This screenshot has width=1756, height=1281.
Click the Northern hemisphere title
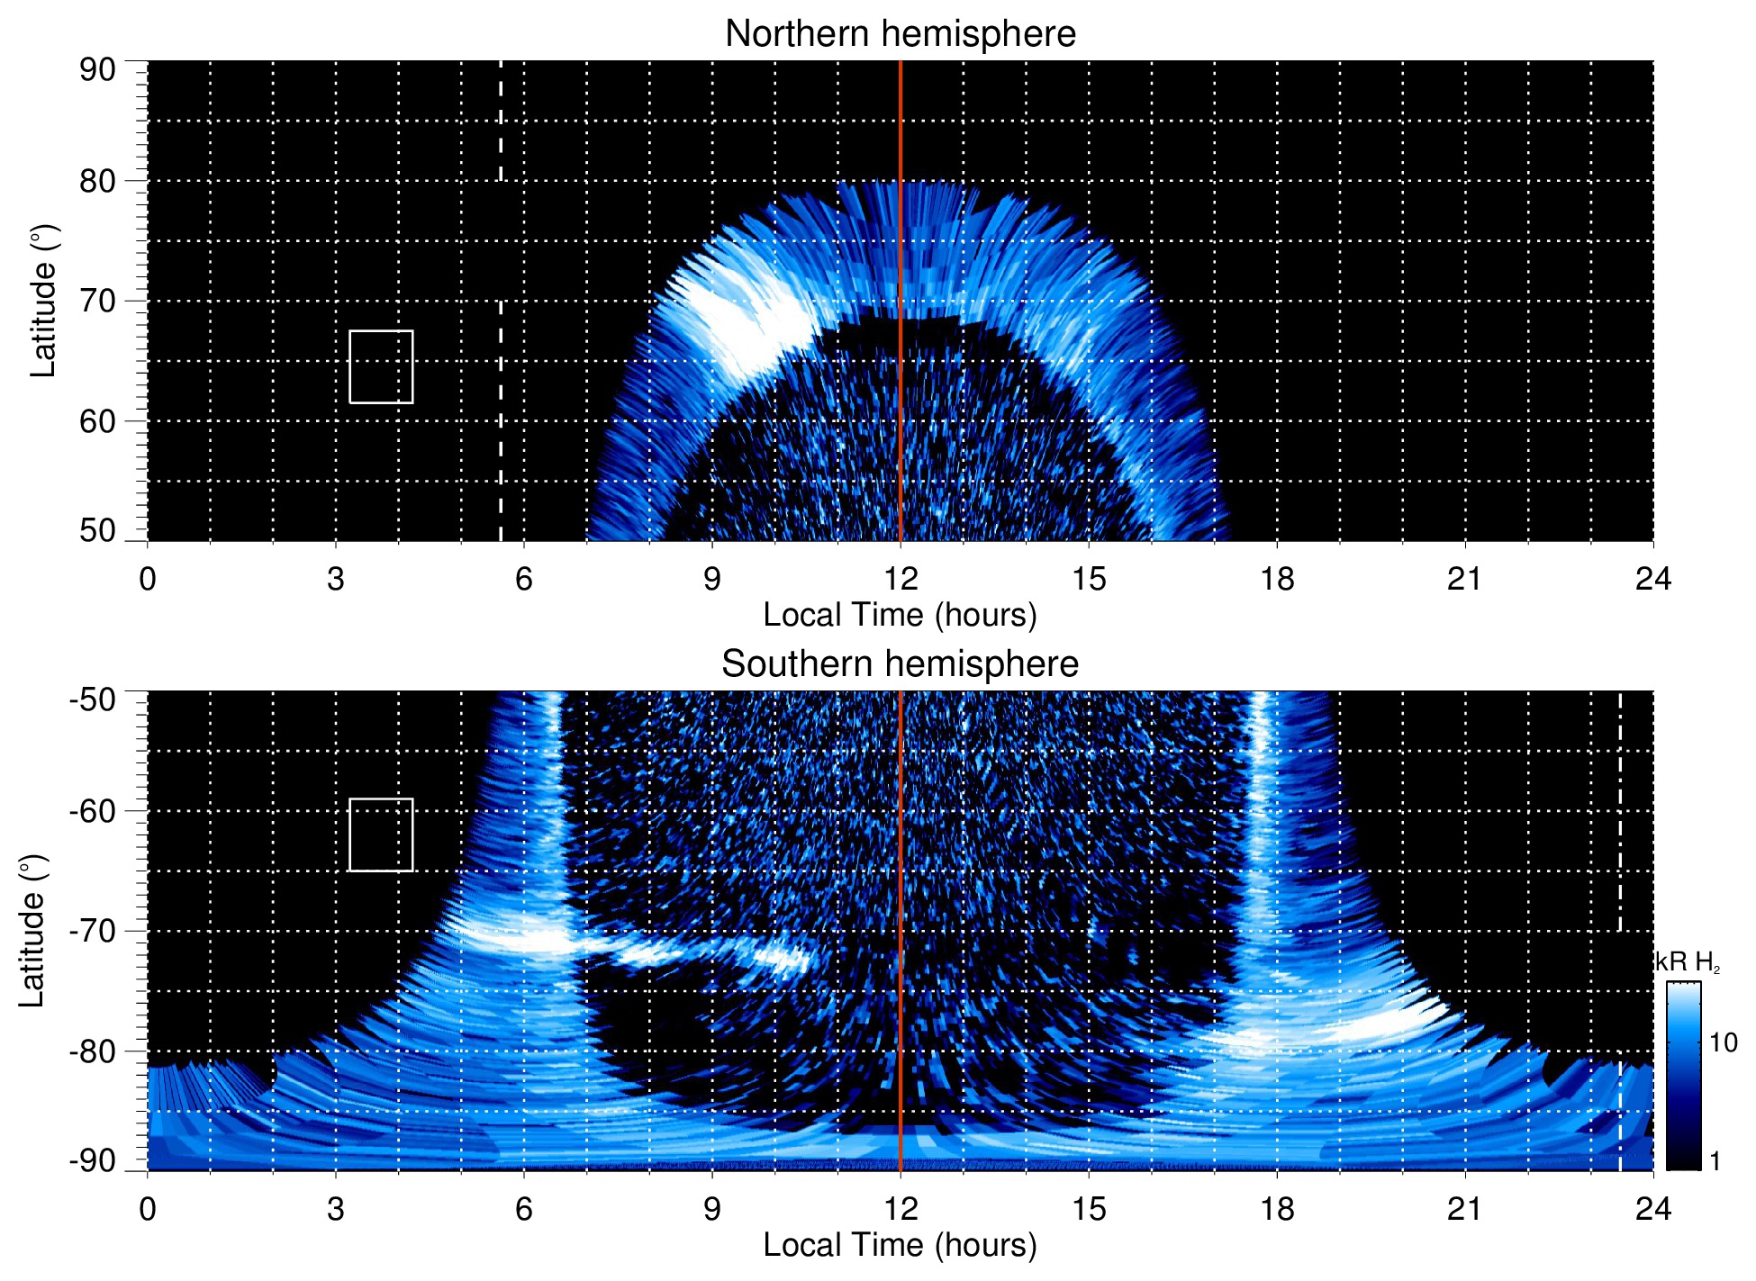[900, 34]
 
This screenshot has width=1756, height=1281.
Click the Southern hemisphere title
[900, 664]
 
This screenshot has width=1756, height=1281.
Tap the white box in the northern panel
[381, 366]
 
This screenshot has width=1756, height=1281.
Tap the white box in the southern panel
[381, 834]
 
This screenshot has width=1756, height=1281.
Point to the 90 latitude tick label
[97, 70]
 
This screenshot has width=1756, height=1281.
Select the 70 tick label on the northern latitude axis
[97, 301]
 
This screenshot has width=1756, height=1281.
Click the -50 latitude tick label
[93, 699]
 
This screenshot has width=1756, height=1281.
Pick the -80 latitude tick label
[93, 1051]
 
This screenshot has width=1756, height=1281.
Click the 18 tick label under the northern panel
[1276, 579]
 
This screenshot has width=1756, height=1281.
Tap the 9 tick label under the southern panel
[712, 1209]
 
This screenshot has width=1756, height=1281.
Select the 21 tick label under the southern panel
[1464, 1209]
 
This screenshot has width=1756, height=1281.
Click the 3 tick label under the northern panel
[336, 579]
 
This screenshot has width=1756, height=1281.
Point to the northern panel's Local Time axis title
[900, 615]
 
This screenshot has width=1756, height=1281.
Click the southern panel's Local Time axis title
[900, 1245]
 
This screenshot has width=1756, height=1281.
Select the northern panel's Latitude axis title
[43, 301]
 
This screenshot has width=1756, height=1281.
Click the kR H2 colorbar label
[1687, 962]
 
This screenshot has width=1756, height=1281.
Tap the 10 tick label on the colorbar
[1723, 1042]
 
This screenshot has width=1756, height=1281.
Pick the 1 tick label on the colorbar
[1715, 1161]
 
